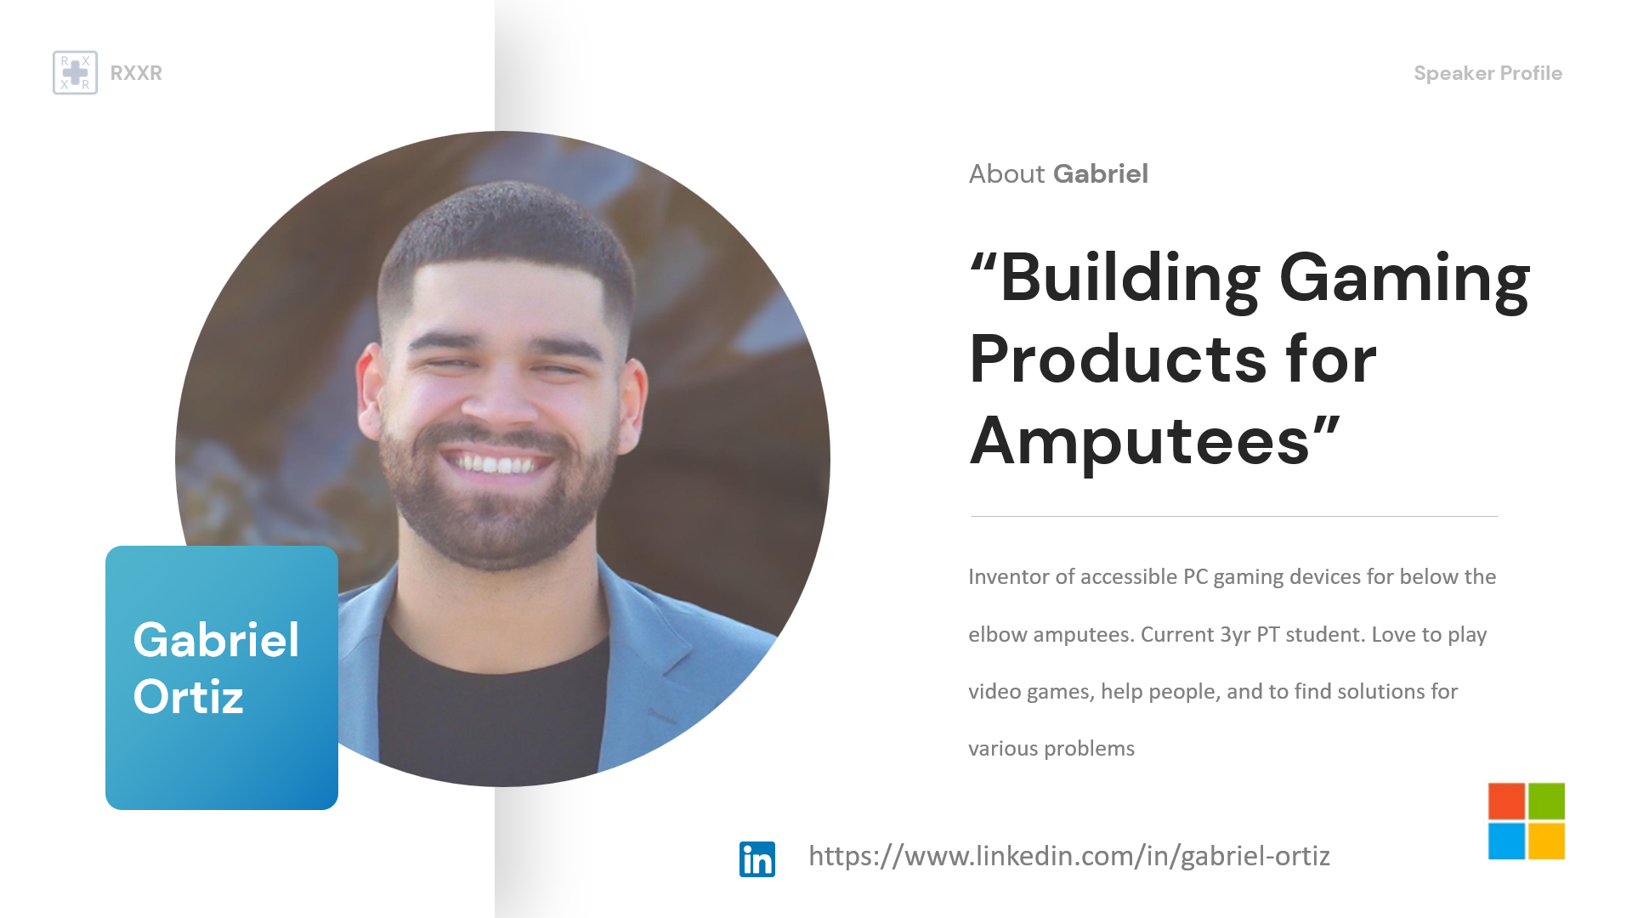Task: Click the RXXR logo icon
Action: tap(75, 72)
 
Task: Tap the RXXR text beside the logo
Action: tap(136, 73)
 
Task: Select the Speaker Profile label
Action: tap(1487, 73)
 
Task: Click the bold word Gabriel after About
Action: tap(1101, 173)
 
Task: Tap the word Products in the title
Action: tap(1118, 359)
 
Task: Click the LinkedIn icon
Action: tap(757, 858)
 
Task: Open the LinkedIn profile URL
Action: tap(1069, 856)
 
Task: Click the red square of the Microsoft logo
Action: tap(1506, 802)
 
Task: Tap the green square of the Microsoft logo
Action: tap(1547, 802)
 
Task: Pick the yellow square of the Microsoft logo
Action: tap(1547, 841)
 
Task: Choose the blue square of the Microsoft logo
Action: tap(1506, 841)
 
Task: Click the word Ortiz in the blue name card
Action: tap(189, 697)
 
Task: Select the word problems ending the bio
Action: tap(1090, 749)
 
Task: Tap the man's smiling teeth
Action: tap(497, 464)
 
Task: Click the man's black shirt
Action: tap(493, 714)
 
